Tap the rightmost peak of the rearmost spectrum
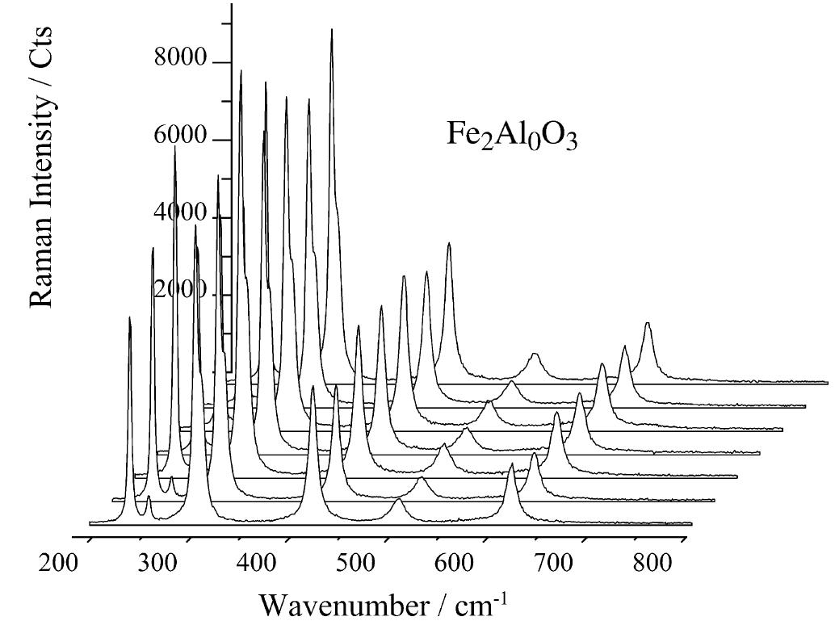(647, 323)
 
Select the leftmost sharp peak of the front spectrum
(130, 318)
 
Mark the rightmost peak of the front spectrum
(511, 464)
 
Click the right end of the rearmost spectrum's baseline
(827, 383)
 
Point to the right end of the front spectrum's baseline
(691, 525)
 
